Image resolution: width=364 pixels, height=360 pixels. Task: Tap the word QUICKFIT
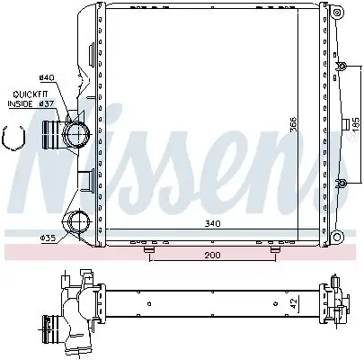31,94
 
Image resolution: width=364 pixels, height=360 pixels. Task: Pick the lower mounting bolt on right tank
342,184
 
